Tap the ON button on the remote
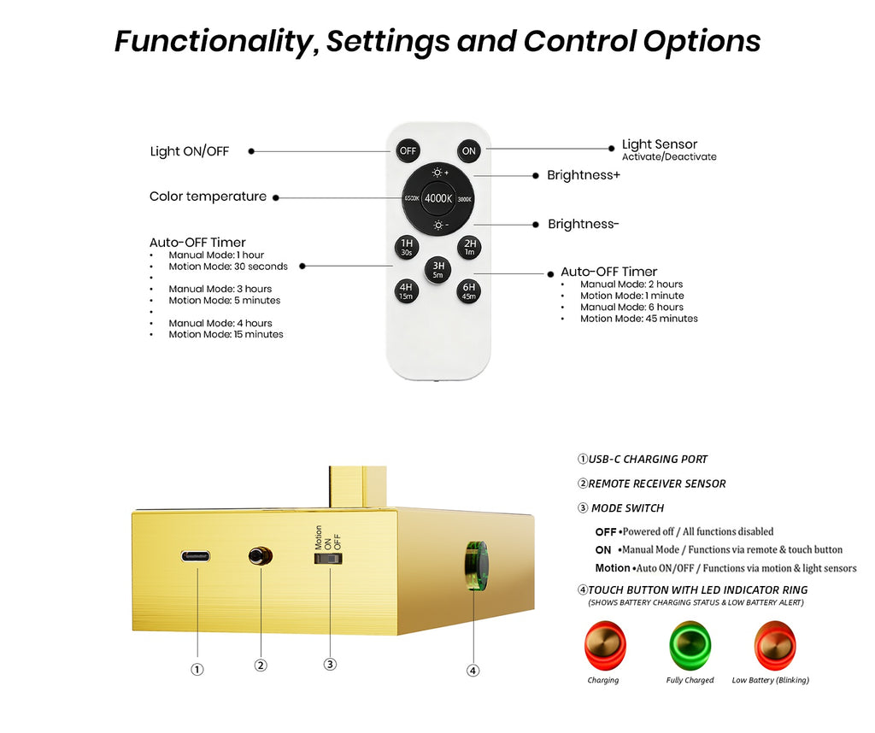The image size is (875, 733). click(x=469, y=151)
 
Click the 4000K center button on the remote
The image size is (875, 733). click(x=438, y=198)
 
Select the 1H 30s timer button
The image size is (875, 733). click(x=407, y=248)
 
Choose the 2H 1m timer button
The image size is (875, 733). click(x=469, y=248)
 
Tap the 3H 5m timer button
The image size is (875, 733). click(x=438, y=270)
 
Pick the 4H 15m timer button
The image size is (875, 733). click(x=407, y=291)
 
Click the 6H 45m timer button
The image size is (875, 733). click(x=469, y=291)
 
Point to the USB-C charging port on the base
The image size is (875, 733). click(x=197, y=556)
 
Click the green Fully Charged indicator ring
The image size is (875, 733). click(x=690, y=644)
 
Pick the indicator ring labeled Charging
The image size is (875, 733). click(x=604, y=644)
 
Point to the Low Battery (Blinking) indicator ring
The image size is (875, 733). click(x=774, y=644)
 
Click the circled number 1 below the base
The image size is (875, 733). click(x=197, y=669)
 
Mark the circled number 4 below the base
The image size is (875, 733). click(x=473, y=670)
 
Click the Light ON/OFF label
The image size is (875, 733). click(x=190, y=151)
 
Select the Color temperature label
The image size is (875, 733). click(x=208, y=196)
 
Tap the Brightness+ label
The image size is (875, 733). click(x=584, y=175)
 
